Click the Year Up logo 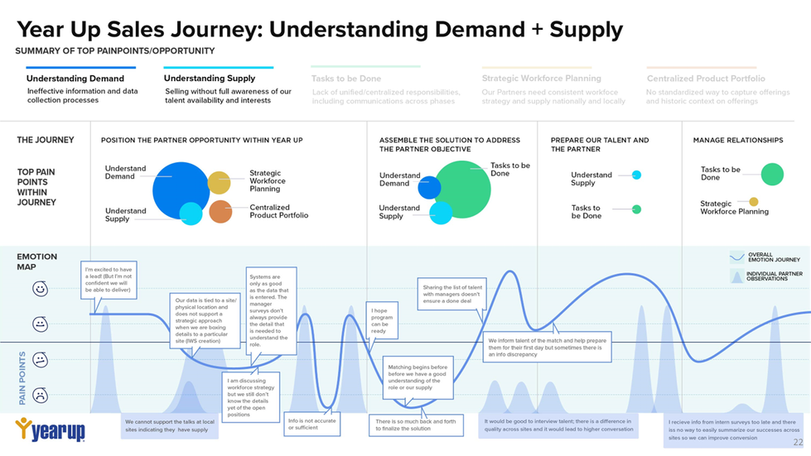tap(50, 430)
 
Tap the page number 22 tap(798, 443)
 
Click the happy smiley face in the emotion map tap(40, 289)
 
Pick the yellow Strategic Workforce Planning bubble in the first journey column tap(219, 183)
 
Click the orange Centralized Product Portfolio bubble tap(220, 211)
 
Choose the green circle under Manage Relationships tap(772, 174)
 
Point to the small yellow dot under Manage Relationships tap(753, 202)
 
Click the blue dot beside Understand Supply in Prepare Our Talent tap(636, 175)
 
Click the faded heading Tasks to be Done tap(346, 79)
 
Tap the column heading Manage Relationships tap(737, 141)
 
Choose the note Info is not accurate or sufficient tap(312, 424)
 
